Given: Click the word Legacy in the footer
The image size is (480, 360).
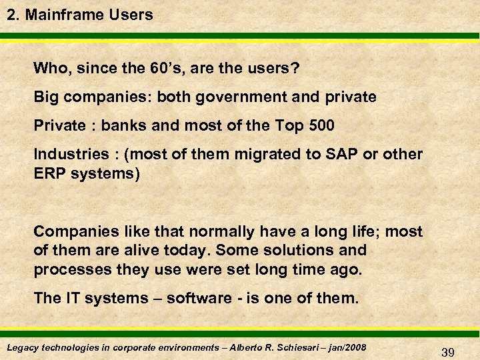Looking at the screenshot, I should click(21, 348).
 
